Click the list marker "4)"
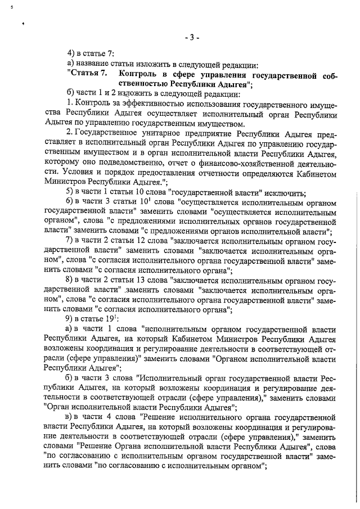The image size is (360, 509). [x=70, y=54]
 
